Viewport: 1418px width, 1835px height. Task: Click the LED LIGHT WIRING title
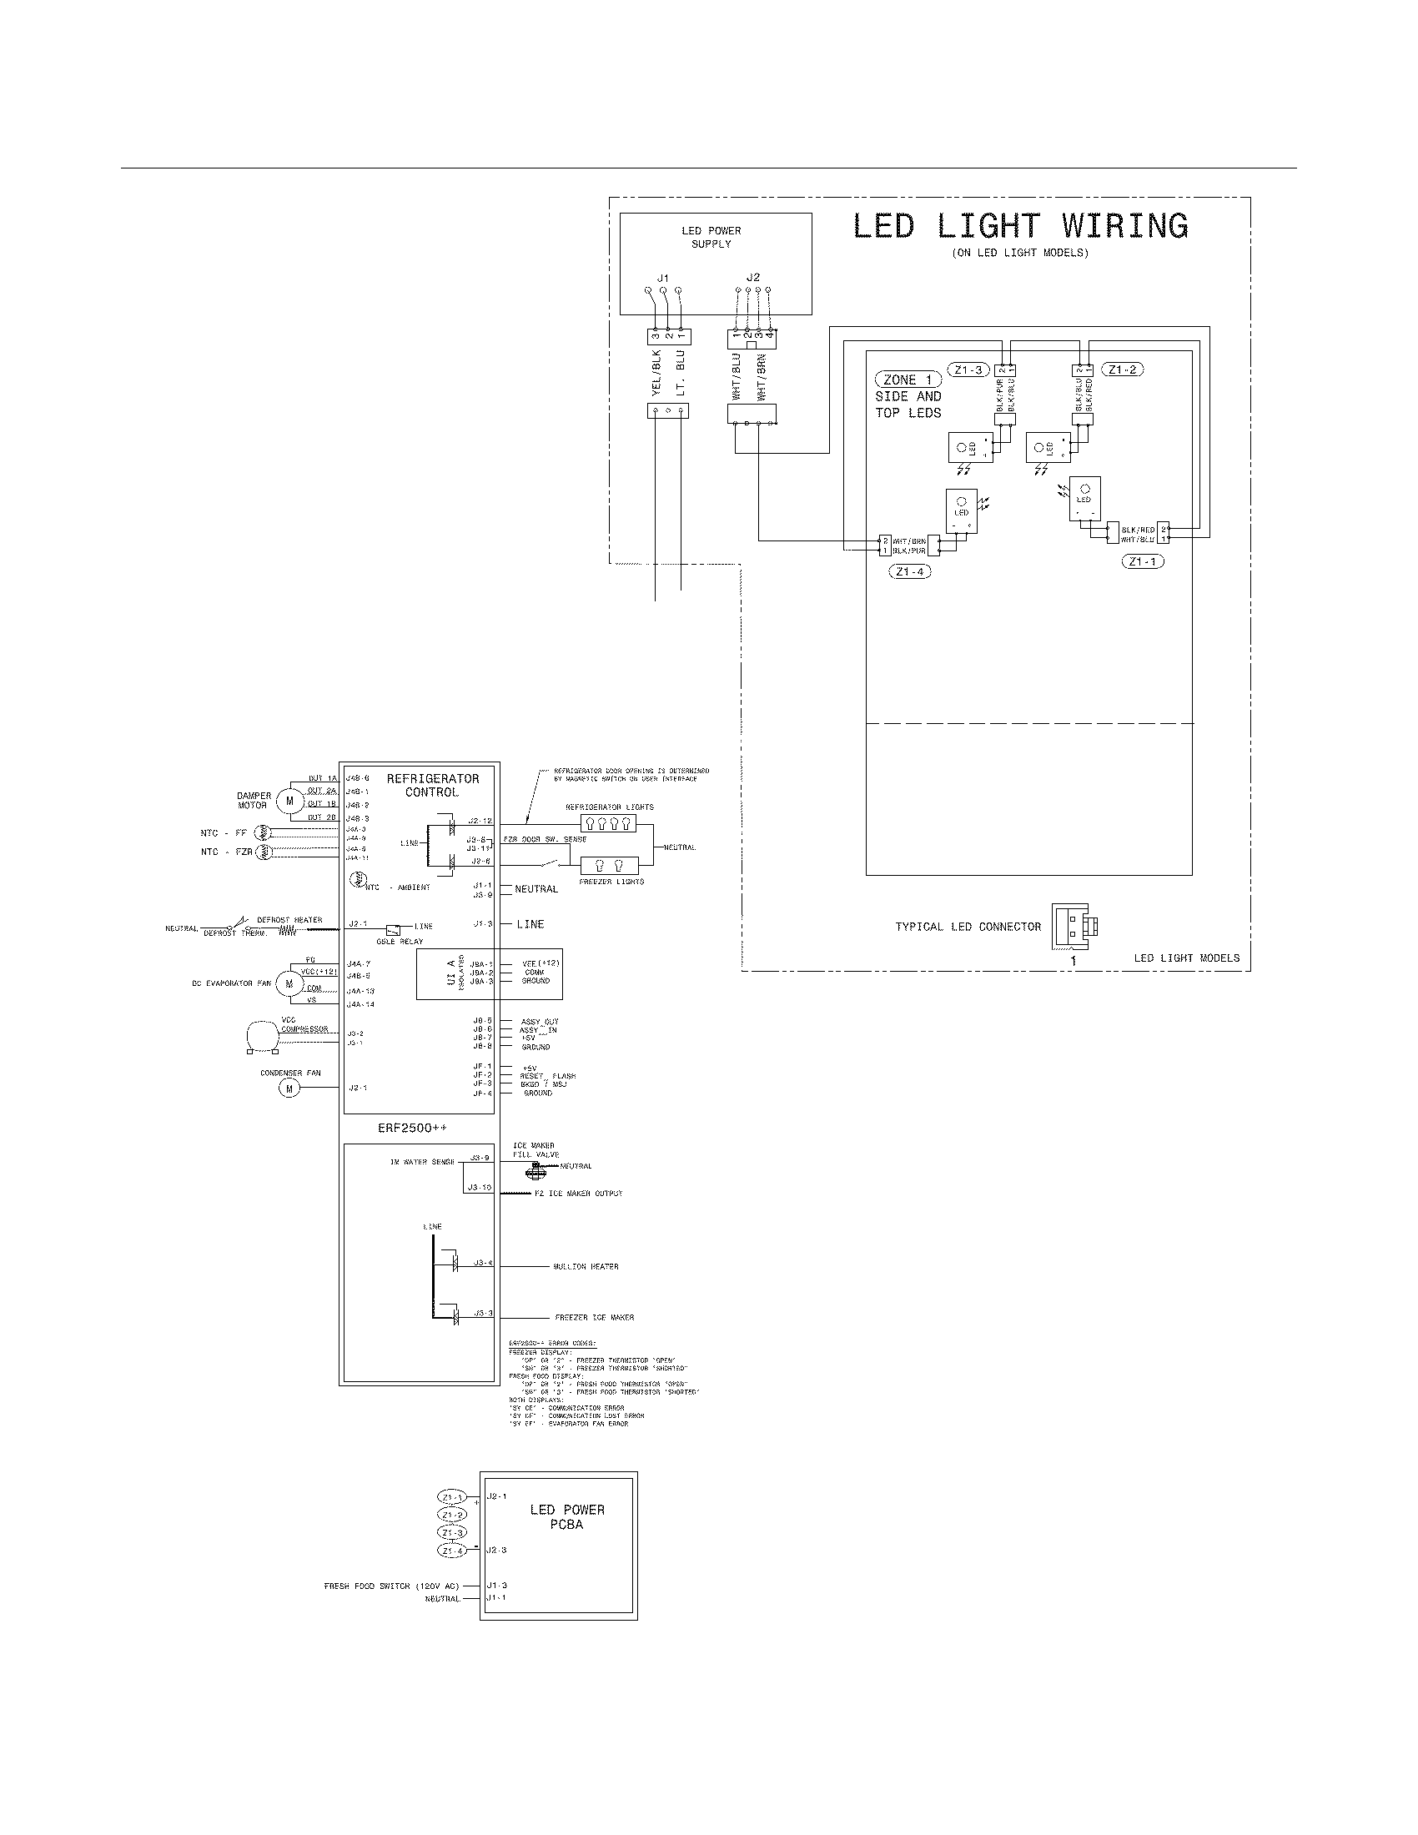[x=1020, y=227]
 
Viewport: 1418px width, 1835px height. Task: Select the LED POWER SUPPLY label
[x=711, y=237]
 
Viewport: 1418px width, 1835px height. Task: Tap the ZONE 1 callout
[x=908, y=380]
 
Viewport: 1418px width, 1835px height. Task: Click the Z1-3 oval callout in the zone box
[x=968, y=370]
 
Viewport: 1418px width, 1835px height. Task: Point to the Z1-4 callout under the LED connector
[x=909, y=571]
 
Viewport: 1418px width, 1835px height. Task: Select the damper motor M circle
[x=289, y=801]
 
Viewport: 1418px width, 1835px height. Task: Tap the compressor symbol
[x=262, y=1036]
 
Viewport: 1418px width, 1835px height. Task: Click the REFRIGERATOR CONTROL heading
[x=433, y=786]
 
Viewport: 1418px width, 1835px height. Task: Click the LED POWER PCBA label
[x=567, y=1516]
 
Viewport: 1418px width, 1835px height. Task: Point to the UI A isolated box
[x=489, y=976]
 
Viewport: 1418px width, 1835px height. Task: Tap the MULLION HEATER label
[x=586, y=1266]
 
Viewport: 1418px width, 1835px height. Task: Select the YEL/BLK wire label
[x=657, y=373]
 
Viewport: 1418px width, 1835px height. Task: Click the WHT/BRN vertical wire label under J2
[x=762, y=375]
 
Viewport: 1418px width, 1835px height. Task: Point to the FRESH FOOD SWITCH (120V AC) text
[x=391, y=1586]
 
